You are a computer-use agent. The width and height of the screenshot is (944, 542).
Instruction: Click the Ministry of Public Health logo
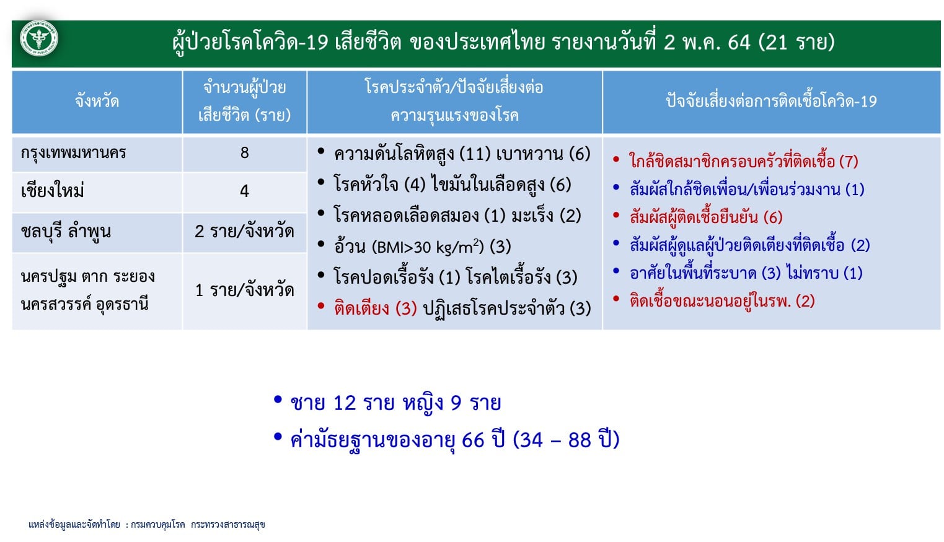click(39, 39)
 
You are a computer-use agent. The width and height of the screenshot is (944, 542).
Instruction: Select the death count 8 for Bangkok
click(244, 152)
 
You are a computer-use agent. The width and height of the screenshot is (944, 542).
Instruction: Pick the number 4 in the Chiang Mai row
click(244, 191)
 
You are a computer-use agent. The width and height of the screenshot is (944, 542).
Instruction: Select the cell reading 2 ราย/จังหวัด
click(244, 231)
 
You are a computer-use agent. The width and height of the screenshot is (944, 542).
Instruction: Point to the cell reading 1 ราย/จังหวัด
click(244, 290)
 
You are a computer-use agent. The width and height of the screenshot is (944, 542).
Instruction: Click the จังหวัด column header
click(97, 102)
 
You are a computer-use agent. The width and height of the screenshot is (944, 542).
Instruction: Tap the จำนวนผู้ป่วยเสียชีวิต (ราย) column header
click(244, 102)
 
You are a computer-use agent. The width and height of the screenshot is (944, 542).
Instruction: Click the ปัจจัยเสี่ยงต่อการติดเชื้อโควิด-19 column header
click(771, 102)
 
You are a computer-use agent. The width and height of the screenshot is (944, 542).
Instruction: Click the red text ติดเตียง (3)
click(376, 308)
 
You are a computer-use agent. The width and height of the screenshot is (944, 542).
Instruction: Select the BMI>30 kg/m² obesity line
click(422, 247)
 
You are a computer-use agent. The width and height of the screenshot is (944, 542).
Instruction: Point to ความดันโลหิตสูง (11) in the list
click(413, 154)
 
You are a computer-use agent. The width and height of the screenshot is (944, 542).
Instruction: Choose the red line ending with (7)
click(744, 161)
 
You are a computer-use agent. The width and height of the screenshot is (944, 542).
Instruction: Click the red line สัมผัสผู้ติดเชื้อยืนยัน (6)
click(707, 217)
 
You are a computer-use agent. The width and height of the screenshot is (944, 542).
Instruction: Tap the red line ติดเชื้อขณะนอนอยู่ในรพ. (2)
click(722, 300)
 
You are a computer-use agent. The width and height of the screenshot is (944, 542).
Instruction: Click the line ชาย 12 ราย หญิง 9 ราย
click(395, 403)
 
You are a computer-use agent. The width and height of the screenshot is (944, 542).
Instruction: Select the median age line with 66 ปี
click(455, 440)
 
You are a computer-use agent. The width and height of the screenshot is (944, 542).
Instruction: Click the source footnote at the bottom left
click(147, 525)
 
